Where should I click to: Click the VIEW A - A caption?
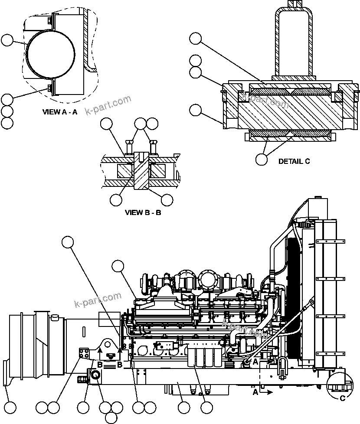coord(60,112)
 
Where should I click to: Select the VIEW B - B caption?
coord(143,212)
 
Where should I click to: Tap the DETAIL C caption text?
coord(294,161)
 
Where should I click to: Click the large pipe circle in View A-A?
coord(51,56)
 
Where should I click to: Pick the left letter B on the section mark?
coord(100,365)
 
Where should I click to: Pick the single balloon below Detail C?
coord(262,159)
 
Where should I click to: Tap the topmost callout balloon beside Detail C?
coord(196,39)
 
